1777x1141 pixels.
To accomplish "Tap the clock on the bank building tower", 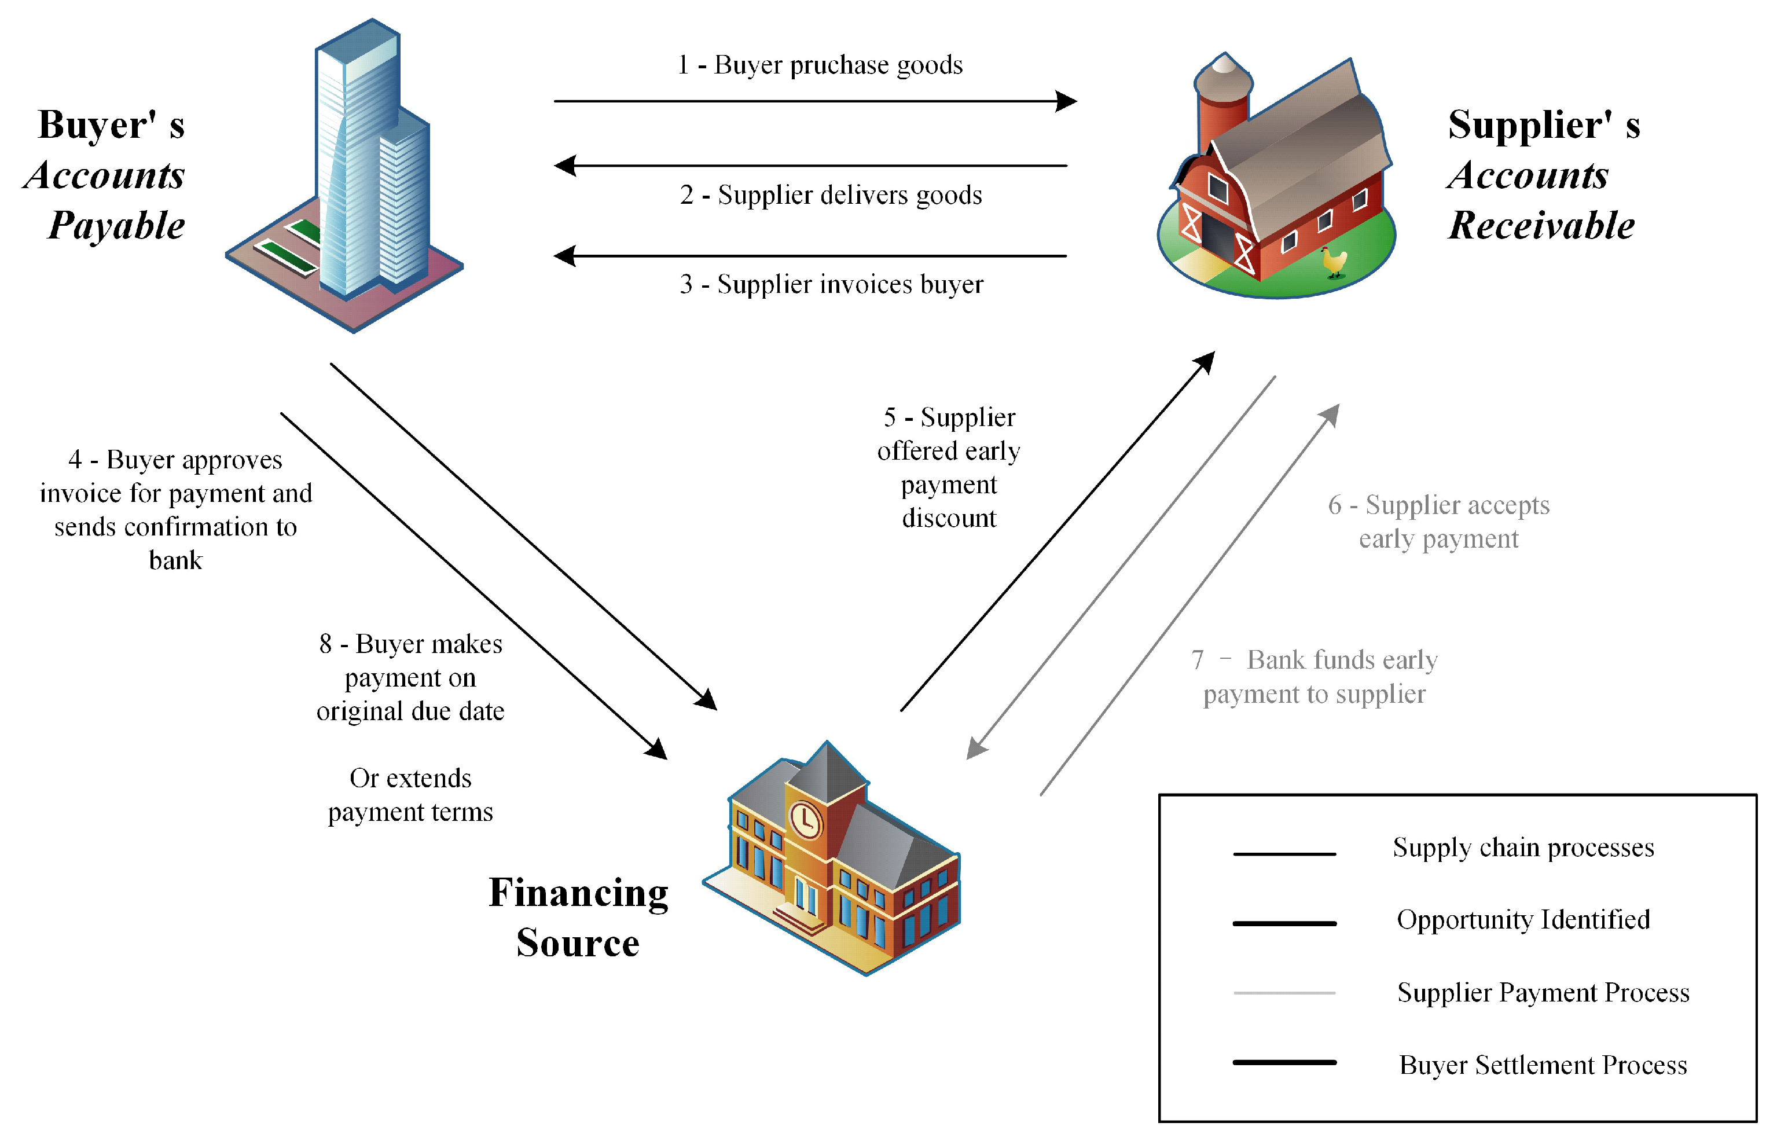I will click(805, 821).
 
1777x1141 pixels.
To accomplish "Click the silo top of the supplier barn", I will click(1224, 68).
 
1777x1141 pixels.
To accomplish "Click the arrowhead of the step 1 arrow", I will click(1067, 101).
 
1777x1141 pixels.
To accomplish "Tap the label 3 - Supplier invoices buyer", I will click(831, 284).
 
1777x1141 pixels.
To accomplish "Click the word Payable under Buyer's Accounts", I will click(116, 225).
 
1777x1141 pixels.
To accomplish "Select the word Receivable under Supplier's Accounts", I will click(1541, 225).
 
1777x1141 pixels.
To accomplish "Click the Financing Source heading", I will click(578, 917).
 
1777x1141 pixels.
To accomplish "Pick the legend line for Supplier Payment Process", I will click(1284, 993).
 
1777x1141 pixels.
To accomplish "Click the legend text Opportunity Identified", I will click(1523, 919).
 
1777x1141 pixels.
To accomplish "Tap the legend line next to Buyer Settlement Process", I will click(1284, 1062).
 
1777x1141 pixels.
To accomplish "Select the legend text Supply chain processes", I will click(1523, 847).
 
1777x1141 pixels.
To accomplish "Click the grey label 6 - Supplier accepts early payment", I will click(1438, 522).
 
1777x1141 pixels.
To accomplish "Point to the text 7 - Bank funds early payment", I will click(1315, 677).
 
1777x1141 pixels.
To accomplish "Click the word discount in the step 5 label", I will click(949, 518).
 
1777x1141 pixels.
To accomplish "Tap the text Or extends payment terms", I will click(410, 795).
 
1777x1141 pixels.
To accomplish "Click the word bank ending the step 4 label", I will click(175, 560).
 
